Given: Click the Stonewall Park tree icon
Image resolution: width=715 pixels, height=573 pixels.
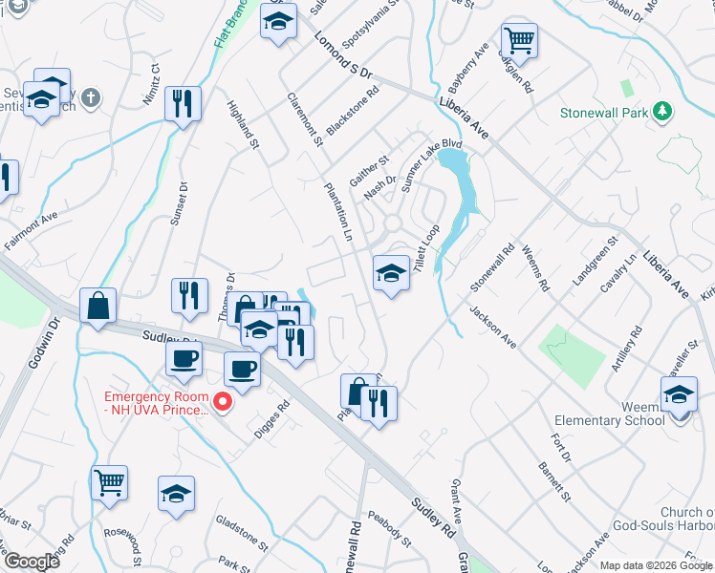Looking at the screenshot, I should click(661, 113).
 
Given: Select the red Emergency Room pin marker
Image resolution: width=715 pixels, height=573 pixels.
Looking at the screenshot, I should click(223, 402).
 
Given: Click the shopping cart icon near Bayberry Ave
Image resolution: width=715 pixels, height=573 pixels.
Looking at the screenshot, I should click(519, 41).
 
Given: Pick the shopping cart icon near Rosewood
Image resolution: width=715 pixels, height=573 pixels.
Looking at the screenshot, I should click(110, 481).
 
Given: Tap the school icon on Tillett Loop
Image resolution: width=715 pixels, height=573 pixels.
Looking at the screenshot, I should click(390, 274).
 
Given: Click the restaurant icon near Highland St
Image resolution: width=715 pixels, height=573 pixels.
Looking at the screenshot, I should click(182, 103).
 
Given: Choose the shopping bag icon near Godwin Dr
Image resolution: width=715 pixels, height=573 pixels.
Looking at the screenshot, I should click(98, 308).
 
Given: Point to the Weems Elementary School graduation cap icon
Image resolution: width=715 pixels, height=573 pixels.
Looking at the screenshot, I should click(679, 394).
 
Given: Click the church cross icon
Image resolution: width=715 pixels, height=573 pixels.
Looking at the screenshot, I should click(90, 97).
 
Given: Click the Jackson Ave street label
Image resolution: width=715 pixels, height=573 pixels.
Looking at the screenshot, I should click(492, 327).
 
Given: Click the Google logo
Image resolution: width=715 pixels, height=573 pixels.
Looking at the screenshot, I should click(31, 561).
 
